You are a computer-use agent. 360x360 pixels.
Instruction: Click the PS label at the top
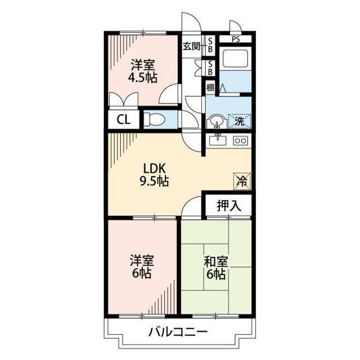click(x=236, y=39)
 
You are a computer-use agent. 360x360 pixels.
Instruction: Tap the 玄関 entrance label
click(x=191, y=47)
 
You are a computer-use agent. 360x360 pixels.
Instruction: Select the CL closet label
click(x=124, y=119)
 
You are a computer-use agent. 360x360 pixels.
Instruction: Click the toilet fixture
click(x=154, y=119)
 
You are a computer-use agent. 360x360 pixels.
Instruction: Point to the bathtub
click(x=236, y=58)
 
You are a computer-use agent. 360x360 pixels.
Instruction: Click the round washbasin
click(x=217, y=121)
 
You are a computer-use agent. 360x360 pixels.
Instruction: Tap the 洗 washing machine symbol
click(x=240, y=121)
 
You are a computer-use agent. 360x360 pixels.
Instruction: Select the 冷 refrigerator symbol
click(x=242, y=181)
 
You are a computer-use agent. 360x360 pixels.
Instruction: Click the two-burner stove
click(x=241, y=141)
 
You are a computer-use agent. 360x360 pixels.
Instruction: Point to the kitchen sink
click(x=218, y=140)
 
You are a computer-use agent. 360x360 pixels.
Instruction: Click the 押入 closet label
click(x=229, y=205)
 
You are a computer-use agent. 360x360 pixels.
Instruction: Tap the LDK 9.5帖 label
click(x=154, y=175)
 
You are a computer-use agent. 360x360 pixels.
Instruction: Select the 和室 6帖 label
click(x=216, y=268)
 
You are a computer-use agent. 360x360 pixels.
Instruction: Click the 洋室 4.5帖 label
click(x=142, y=71)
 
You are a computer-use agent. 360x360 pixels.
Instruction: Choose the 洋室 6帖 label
click(x=142, y=267)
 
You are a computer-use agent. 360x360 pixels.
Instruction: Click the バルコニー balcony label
click(x=178, y=332)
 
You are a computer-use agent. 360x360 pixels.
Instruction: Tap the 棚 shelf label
click(x=210, y=87)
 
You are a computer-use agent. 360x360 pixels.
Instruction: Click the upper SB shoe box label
click(x=210, y=45)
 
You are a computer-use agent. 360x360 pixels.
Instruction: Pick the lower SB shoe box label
click(x=210, y=68)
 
